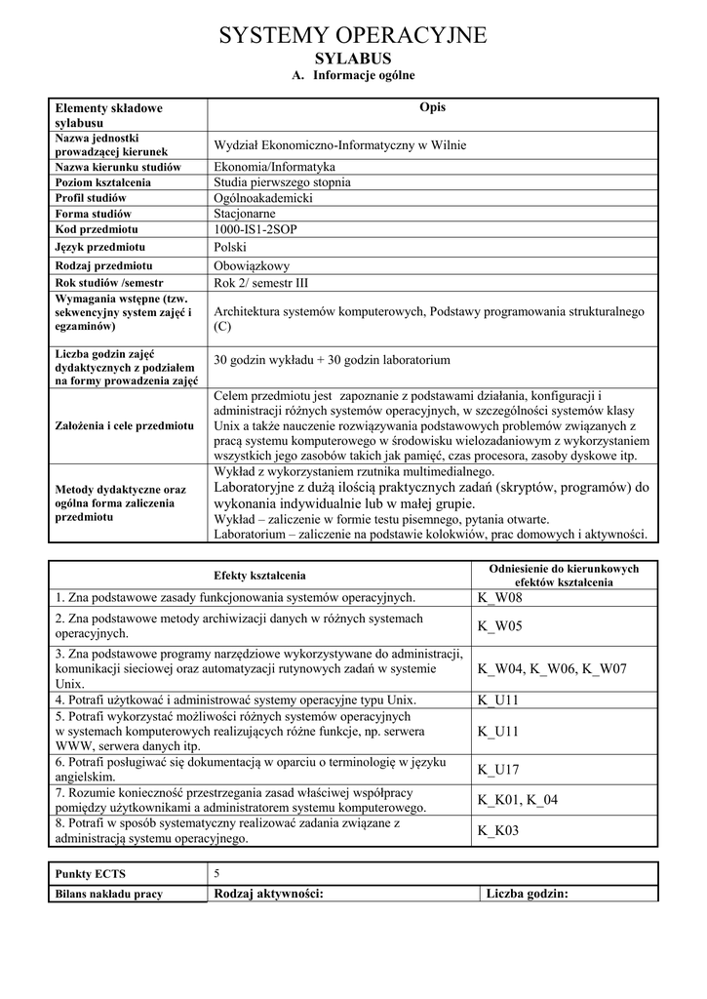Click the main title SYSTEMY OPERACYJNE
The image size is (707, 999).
[352, 36]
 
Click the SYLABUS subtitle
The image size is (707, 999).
[352, 60]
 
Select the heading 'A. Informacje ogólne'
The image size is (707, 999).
[353, 76]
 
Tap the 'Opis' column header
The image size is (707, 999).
[432, 107]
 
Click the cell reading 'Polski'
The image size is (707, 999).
[230, 248]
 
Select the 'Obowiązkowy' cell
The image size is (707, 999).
[252, 265]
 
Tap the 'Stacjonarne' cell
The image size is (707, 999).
[245, 214]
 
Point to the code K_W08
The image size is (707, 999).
[500, 597]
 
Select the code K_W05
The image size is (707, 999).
[500, 625]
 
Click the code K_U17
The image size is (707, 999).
[498, 770]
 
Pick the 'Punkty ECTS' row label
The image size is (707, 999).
[91, 874]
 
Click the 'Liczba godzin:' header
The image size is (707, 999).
[527, 894]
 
